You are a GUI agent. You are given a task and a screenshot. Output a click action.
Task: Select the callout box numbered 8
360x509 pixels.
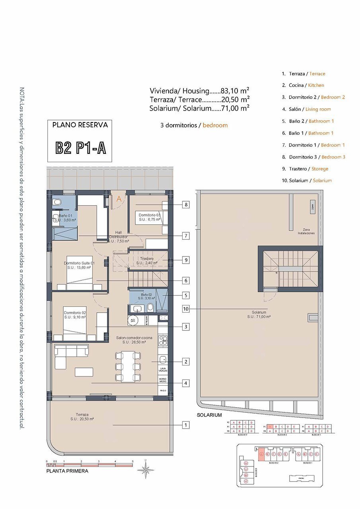[186, 205]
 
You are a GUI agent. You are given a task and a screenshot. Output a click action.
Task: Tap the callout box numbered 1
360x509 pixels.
[186, 425]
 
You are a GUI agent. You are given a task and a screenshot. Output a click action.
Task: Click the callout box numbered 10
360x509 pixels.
[186, 309]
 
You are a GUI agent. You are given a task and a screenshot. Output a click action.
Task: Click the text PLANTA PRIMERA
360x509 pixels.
[67, 471]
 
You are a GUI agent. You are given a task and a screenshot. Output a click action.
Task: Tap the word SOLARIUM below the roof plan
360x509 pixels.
[209, 415]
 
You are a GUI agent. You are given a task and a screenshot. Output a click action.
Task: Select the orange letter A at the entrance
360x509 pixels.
[119, 200]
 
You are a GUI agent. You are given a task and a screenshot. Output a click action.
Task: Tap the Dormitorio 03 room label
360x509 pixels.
[149, 217]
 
